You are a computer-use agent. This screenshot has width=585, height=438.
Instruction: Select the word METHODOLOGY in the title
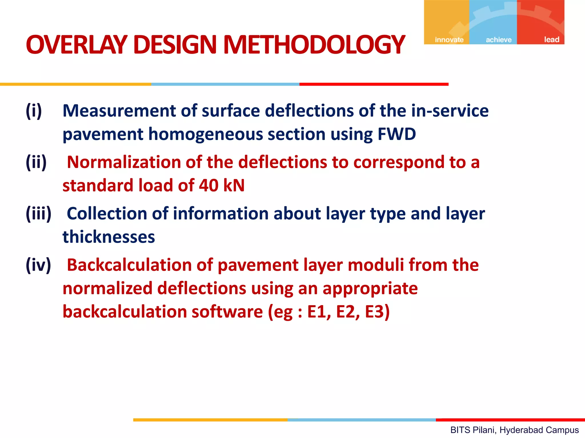pyautogui.click(x=314, y=45)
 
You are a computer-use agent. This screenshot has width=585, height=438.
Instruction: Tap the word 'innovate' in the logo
pyautogui.click(x=449, y=40)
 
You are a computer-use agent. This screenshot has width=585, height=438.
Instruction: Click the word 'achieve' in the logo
pyautogui.click(x=499, y=40)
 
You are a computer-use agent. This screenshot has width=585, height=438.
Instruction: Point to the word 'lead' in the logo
pyautogui.click(x=552, y=40)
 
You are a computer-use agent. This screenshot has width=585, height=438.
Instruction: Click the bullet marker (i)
pyautogui.click(x=34, y=111)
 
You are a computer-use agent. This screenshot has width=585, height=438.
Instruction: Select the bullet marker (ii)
pyautogui.click(x=36, y=162)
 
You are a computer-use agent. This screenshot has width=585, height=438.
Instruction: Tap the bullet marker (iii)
pyautogui.click(x=39, y=213)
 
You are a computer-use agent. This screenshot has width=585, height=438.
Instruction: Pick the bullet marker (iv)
pyautogui.click(x=38, y=265)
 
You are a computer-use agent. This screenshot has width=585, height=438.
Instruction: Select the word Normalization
pyautogui.click(x=124, y=162)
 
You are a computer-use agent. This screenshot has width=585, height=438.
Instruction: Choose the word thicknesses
pyautogui.click(x=109, y=237)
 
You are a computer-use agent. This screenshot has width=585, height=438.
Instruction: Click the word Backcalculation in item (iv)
pyautogui.click(x=129, y=265)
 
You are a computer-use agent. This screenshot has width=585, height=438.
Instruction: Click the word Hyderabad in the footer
pyautogui.click(x=517, y=430)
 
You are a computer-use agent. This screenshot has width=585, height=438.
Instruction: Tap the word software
pyautogui.click(x=227, y=311)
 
